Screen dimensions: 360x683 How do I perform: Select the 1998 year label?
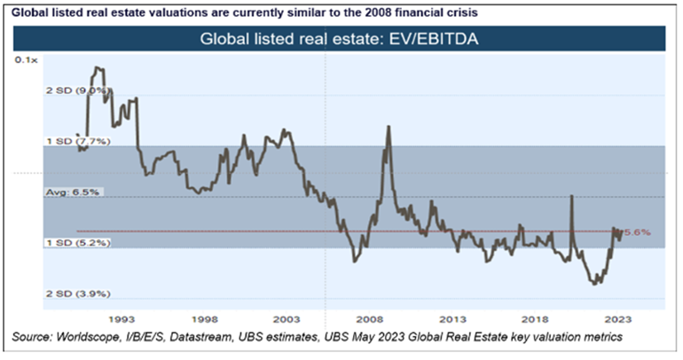pos(204,317)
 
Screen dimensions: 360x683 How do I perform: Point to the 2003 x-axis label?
pos(287,317)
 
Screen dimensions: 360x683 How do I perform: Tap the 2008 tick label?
pos(369,317)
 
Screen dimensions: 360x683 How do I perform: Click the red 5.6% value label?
pos(639,231)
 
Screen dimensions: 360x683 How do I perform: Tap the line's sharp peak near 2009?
pos(389,127)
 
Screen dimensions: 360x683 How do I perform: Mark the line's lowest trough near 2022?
pos(593,284)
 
